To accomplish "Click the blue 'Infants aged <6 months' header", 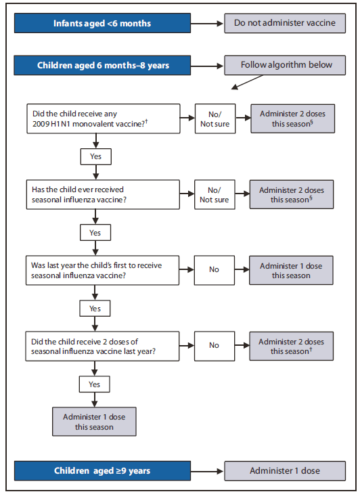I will click(x=103, y=24).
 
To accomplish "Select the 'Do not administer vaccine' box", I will click(x=284, y=24).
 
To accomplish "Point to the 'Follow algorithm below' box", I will click(x=284, y=66).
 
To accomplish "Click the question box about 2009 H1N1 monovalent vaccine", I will click(x=103, y=118).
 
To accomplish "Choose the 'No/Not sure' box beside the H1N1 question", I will click(x=214, y=118).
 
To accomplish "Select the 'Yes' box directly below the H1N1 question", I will click(x=95, y=156).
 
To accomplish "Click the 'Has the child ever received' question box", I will click(x=103, y=195).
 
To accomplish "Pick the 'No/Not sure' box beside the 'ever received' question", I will click(x=214, y=195).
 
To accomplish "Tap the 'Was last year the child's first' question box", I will click(x=103, y=269).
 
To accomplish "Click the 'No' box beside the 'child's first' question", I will click(x=214, y=269).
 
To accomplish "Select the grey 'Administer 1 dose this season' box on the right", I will click(x=292, y=269).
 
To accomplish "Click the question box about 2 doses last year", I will click(x=103, y=345).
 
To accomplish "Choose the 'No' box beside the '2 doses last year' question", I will click(x=214, y=345).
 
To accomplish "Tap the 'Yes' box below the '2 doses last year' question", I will click(x=95, y=383).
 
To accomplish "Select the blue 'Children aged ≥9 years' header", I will click(x=103, y=470).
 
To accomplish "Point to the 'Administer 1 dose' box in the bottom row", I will click(x=284, y=470).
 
